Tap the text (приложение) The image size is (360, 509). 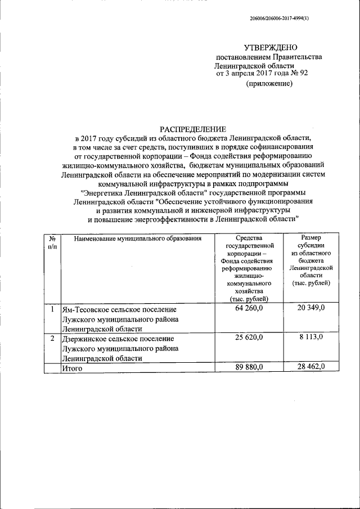coord(269,84)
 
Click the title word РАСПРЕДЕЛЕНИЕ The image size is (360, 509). coord(193,128)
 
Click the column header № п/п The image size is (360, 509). coord(52,242)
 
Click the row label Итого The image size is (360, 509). coord(73,368)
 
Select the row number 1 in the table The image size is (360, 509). coord(52,309)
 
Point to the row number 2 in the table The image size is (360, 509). coord(52,339)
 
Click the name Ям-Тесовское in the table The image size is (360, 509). coord(84,309)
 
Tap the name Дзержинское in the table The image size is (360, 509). coord(86,339)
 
